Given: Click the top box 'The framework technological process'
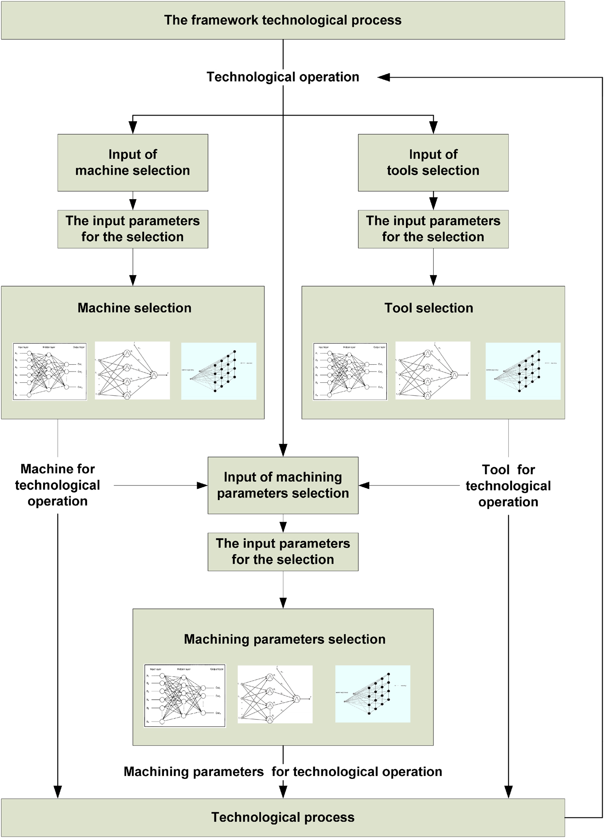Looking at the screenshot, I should (x=283, y=20).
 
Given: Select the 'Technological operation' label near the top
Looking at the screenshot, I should (x=283, y=77).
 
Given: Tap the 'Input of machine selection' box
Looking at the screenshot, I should (x=133, y=163).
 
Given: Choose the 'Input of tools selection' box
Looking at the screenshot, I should (x=433, y=163).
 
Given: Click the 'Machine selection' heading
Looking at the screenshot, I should (x=135, y=308).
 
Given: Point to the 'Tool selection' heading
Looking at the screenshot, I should (x=429, y=308).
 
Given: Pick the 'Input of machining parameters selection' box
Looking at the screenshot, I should (x=283, y=485).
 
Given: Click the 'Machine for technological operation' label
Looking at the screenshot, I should (x=58, y=485).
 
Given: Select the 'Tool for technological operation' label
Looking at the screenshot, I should (x=508, y=486).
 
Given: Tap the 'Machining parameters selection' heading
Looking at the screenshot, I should (x=285, y=639).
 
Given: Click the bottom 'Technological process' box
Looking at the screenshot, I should (x=283, y=817).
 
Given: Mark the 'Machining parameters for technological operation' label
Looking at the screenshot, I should (x=283, y=772).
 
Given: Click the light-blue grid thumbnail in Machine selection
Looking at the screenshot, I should (x=219, y=371).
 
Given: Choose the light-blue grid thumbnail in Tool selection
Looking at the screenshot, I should (x=523, y=371).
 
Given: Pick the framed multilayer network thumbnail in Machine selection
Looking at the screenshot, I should (x=50, y=372).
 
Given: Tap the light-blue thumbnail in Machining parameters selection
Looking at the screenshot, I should (x=373, y=694).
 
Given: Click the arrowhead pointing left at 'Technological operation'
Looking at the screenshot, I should (x=384, y=78).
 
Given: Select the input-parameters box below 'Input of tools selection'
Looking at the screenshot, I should (x=433, y=229).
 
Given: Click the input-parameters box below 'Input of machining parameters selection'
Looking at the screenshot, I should (x=283, y=552).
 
